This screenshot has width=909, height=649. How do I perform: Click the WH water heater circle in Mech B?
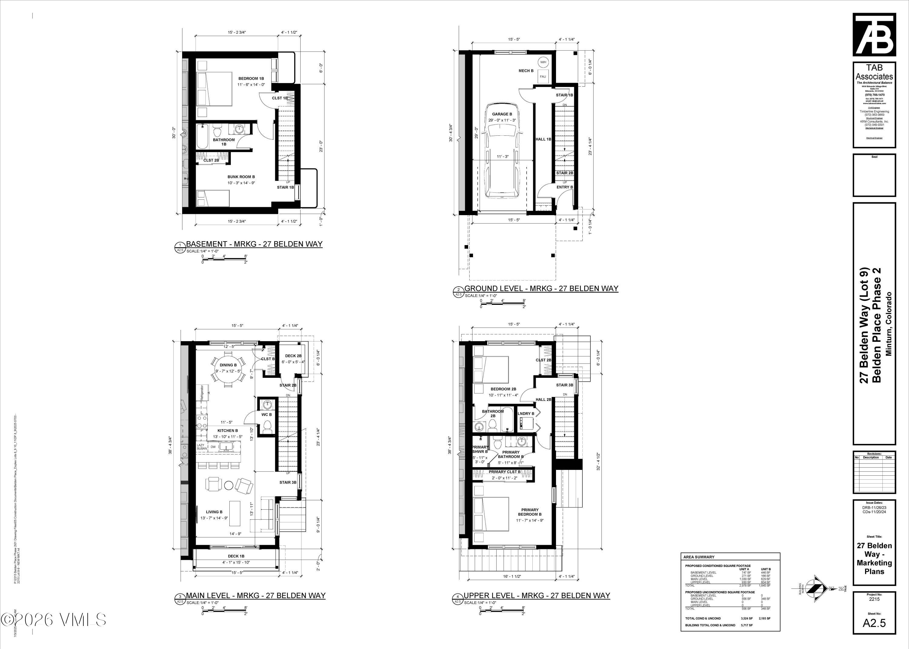[543, 62]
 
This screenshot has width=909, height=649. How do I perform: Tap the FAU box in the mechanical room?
[543, 76]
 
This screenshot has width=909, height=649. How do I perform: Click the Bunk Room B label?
[241, 177]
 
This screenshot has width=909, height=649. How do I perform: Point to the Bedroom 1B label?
[251, 78]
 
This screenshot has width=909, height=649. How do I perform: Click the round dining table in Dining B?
[228, 369]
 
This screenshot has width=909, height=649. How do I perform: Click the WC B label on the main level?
[267, 414]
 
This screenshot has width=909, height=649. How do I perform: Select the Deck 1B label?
[236, 556]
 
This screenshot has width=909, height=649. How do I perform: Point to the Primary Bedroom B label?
[529, 512]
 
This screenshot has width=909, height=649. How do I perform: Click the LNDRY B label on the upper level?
[526, 414]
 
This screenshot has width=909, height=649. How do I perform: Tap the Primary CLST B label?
[504, 471]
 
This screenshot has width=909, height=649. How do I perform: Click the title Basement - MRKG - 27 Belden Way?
[254, 244]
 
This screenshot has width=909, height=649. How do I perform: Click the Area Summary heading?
[698, 557]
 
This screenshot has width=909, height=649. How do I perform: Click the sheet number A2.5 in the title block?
[874, 623]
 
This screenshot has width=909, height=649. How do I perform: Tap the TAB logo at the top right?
[874, 35]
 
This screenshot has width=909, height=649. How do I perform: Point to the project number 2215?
[874, 599]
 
